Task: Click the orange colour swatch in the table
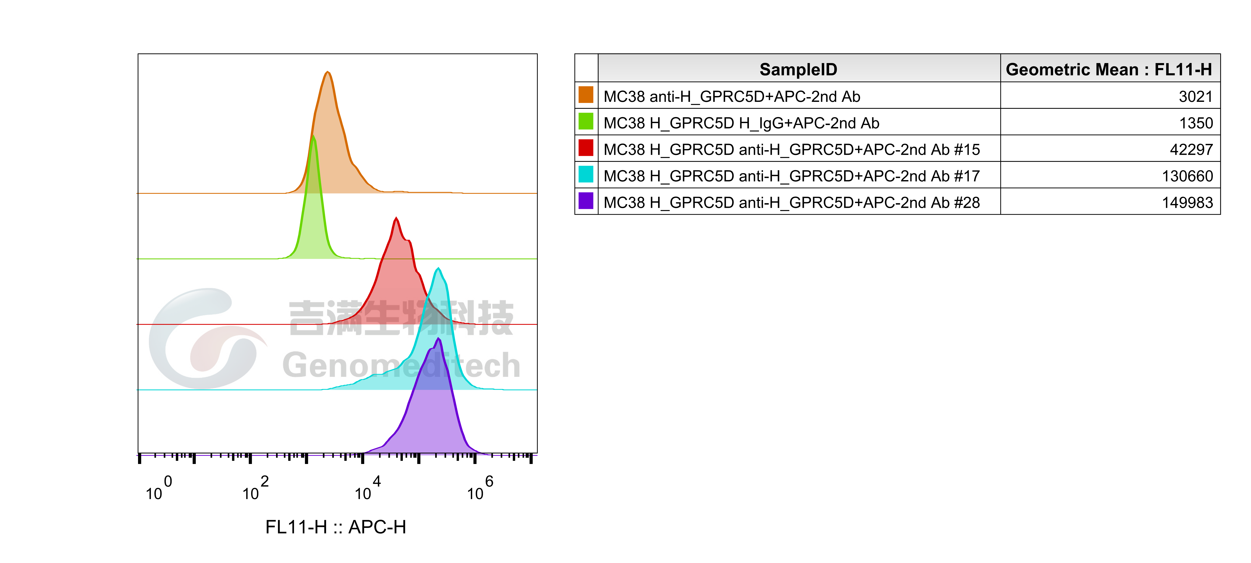586,95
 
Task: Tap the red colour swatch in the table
586,148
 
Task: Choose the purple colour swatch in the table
586,201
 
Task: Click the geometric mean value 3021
1196,97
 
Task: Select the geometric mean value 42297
1191,150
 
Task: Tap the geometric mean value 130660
1187,176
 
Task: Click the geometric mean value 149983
1187,203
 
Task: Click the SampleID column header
798,70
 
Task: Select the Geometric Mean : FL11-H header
1109,70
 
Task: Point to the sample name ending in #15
792,150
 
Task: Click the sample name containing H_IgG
741,123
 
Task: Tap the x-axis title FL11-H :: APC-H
336,527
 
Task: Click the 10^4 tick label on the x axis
368,488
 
